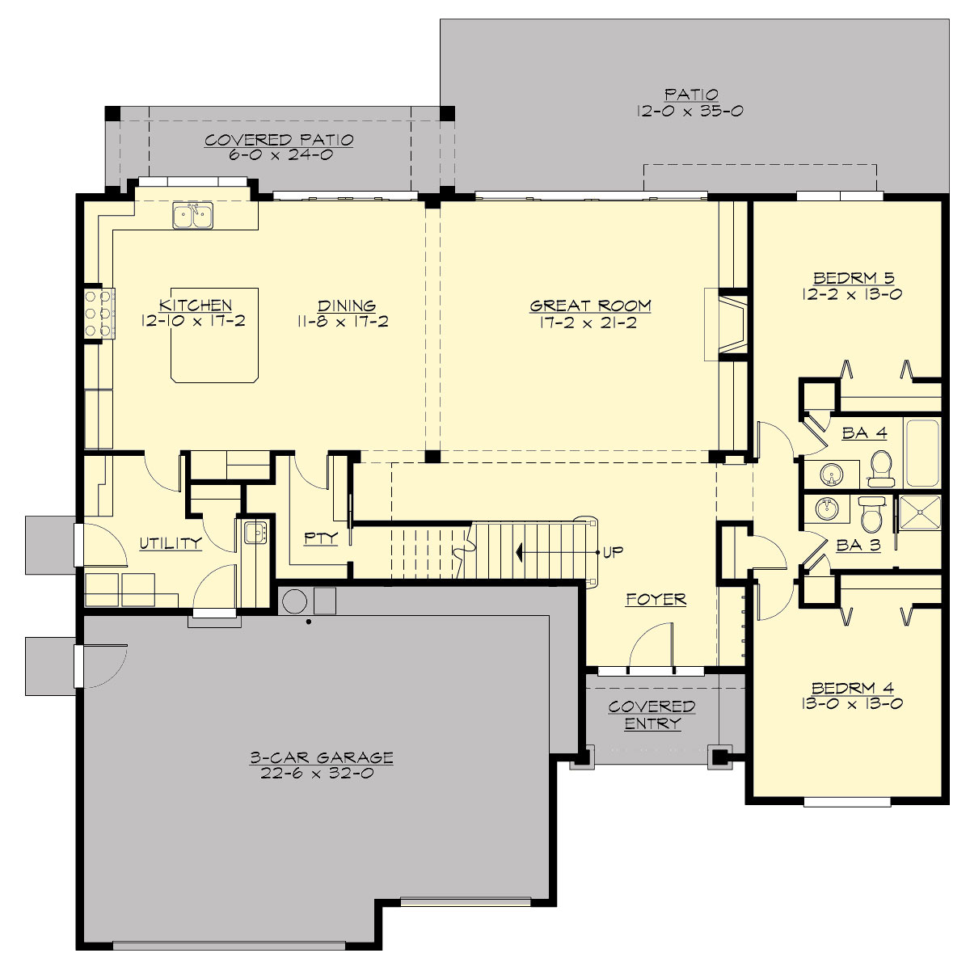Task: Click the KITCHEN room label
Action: (x=196, y=306)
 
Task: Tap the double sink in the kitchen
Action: (x=192, y=216)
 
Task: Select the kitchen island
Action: (x=214, y=348)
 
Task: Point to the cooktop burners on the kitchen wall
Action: (x=98, y=313)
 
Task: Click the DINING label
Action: (x=346, y=306)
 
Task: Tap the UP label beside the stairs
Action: (x=613, y=552)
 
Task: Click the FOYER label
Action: (x=656, y=600)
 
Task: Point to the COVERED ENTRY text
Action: (x=652, y=715)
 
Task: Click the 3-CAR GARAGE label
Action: (x=321, y=758)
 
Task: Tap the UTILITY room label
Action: (x=170, y=543)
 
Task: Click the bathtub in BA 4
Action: (x=921, y=453)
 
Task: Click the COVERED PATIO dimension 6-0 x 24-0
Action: (x=280, y=154)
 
